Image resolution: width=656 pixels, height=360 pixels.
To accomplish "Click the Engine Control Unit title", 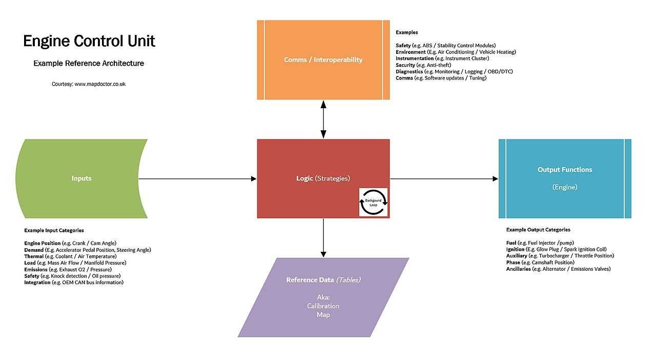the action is [89, 42].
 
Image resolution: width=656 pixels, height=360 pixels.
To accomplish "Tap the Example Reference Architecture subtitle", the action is [89, 63].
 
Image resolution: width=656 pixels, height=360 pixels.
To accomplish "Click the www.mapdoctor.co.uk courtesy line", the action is [89, 84].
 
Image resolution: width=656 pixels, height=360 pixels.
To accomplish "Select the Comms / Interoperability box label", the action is [323, 60].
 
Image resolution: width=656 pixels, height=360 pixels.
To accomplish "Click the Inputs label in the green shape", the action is [81, 178].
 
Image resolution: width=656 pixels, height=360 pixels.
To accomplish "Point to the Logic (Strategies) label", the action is [323, 178].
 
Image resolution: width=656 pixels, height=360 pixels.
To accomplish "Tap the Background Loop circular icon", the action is [374, 202].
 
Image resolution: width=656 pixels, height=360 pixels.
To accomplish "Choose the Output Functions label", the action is [565, 170].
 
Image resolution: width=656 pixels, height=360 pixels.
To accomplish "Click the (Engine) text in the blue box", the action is [565, 187].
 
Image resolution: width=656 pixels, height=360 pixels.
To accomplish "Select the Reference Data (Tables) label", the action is [323, 280].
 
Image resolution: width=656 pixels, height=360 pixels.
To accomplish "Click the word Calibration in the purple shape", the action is [323, 306].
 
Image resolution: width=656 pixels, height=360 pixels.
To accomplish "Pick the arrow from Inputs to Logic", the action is [197, 178].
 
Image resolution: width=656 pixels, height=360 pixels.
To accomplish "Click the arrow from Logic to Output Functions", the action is [444, 178].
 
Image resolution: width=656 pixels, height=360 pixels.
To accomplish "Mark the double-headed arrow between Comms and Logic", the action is [323, 119].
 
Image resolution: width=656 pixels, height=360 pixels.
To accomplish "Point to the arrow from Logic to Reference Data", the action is [323, 238].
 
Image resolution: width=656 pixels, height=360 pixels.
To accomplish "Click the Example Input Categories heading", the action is [54, 230].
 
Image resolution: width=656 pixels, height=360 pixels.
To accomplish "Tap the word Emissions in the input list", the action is [36, 269].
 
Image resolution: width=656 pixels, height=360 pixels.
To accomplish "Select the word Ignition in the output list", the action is [515, 249].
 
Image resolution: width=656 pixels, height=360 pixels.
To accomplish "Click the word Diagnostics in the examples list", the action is [409, 71].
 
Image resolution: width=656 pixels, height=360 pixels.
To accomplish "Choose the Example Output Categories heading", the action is [538, 230].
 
